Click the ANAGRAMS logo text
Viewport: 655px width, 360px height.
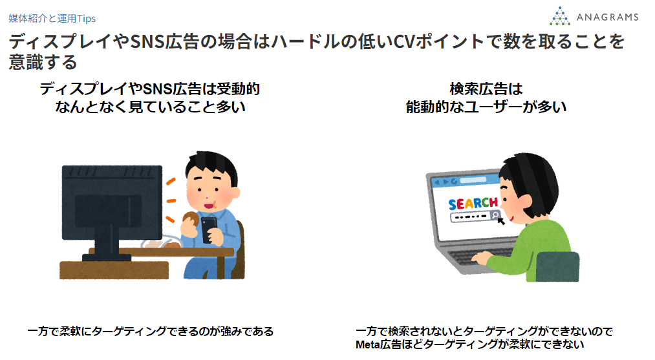point(607,17)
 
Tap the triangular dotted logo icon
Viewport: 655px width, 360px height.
point(560,16)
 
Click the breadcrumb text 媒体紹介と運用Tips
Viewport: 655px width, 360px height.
point(52,18)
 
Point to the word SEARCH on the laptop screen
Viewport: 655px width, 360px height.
point(473,204)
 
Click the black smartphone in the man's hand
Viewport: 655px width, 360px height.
point(209,229)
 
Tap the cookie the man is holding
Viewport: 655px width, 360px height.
point(191,219)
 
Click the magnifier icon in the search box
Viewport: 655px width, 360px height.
point(495,215)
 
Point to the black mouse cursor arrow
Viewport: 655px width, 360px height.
point(500,220)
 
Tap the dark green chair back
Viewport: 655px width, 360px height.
point(557,266)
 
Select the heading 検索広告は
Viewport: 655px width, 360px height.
point(486,89)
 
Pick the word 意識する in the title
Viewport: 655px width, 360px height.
point(43,62)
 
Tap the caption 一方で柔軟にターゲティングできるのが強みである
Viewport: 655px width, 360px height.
point(151,332)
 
